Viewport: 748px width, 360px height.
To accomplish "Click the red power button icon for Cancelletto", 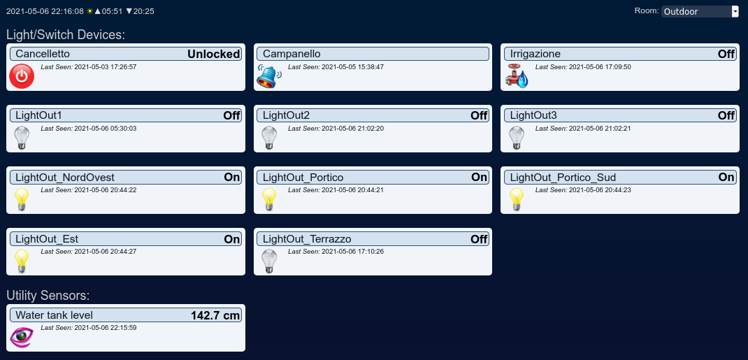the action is click(22, 76).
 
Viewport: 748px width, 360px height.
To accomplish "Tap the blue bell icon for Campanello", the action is click(269, 76).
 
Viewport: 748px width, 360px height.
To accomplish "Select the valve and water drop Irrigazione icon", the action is click(517, 77).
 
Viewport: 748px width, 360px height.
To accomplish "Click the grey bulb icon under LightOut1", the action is click(22, 138).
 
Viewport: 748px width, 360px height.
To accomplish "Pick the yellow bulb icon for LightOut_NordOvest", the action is click(22, 199).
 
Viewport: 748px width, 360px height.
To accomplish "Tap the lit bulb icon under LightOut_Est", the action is click(22, 261).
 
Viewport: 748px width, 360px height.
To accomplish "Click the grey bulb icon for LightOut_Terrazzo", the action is click(270, 261).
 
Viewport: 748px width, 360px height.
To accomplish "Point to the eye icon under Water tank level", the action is click(22, 337).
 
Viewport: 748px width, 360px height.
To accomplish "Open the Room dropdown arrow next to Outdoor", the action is click(735, 11).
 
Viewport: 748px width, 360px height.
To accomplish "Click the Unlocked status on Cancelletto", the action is click(214, 55).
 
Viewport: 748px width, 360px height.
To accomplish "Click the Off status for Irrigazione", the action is click(726, 55).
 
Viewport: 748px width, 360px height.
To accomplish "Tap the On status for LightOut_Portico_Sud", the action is click(726, 178).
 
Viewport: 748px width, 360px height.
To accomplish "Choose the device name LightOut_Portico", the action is click(303, 178).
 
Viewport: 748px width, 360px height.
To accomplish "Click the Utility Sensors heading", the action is click(48, 296).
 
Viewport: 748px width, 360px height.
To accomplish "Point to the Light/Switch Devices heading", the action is click(65, 35).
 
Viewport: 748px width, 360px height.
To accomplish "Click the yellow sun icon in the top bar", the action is click(89, 11).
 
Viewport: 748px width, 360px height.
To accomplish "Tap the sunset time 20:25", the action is click(143, 11).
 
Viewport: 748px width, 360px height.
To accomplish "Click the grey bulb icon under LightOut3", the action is click(517, 138).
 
